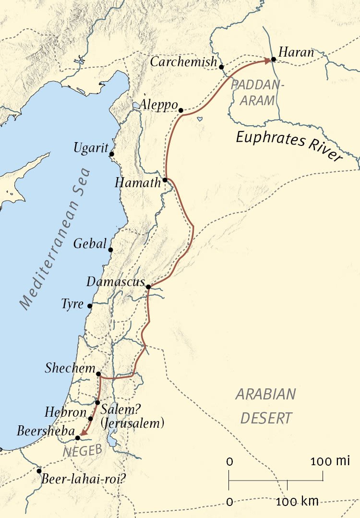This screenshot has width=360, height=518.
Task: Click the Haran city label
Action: [x=296, y=52]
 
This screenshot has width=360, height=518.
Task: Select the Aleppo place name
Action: [x=159, y=105]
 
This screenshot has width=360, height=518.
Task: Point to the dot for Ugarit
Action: [x=111, y=154]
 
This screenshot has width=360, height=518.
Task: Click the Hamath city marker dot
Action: [x=165, y=180]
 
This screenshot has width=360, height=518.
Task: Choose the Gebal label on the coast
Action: [x=90, y=244]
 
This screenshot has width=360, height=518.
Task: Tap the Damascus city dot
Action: [x=148, y=287]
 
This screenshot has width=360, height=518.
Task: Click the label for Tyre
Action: [x=72, y=304]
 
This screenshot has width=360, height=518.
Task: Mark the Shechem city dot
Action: [x=98, y=373]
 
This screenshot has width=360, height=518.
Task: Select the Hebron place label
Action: [x=65, y=412]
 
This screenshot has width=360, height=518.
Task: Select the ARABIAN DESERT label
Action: [x=265, y=406]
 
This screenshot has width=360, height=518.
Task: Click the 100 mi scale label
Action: [x=330, y=462]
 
